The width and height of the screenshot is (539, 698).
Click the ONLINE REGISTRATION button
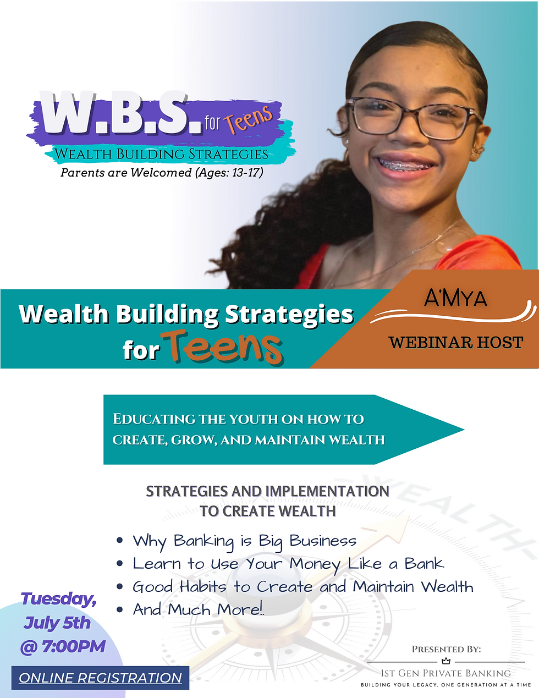(x=100, y=678)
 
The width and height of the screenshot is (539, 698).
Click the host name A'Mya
(x=455, y=299)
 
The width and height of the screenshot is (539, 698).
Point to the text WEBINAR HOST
(x=455, y=342)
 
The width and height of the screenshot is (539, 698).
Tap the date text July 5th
(x=57, y=623)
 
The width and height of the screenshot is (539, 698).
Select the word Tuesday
(x=58, y=599)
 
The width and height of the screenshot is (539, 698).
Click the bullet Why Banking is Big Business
(x=244, y=541)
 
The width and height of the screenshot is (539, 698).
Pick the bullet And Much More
(x=198, y=609)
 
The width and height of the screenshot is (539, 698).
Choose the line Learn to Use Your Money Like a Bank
(x=288, y=564)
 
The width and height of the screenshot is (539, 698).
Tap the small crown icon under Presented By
(x=446, y=661)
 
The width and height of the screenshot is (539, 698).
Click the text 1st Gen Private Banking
(x=446, y=673)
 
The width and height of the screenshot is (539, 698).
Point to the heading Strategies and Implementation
(x=267, y=491)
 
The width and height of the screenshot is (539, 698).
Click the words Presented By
(x=446, y=649)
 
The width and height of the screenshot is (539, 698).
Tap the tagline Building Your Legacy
(x=446, y=685)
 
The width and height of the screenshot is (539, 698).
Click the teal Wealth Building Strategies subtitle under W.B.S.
(x=161, y=154)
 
